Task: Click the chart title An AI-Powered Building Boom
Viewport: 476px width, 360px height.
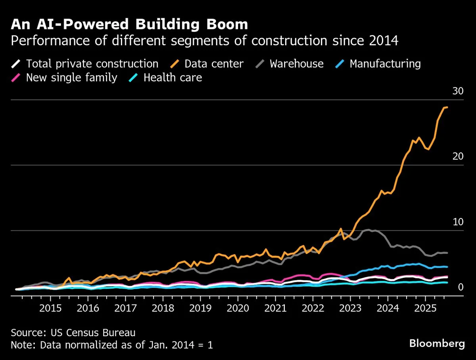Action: tap(129, 24)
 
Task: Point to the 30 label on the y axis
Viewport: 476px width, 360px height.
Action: tap(458, 91)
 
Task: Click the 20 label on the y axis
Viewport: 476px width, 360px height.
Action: tap(458, 156)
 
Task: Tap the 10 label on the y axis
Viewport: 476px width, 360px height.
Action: tap(458, 222)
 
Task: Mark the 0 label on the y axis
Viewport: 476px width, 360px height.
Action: tap(461, 287)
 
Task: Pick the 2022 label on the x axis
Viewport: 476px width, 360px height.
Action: tap(313, 308)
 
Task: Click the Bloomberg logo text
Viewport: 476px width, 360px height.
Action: tap(437, 344)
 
